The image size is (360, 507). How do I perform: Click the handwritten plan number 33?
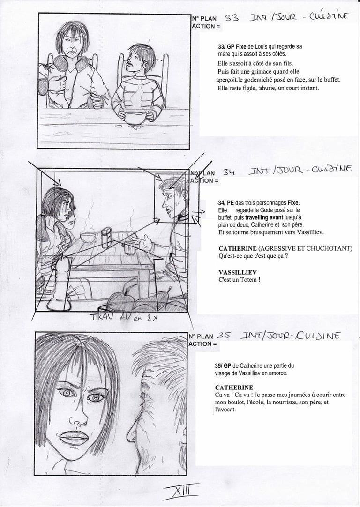[x=232, y=18]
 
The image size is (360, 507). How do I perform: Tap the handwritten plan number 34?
[x=229, y=172]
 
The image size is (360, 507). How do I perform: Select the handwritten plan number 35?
[x=223, y=336]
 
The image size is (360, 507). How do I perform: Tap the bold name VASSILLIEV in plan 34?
[x=238, y=272]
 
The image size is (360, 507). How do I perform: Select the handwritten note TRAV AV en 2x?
[x=125, y=317]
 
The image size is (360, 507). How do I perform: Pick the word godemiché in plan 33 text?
[x=259, y=80]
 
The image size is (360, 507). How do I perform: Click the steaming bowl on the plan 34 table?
[x=88, y=237]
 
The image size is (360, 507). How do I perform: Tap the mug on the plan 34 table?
[x=130, y=248]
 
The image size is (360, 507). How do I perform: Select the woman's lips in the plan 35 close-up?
[x=74, y=438]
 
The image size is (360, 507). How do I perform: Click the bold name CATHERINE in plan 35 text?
[x=234, y=388]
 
